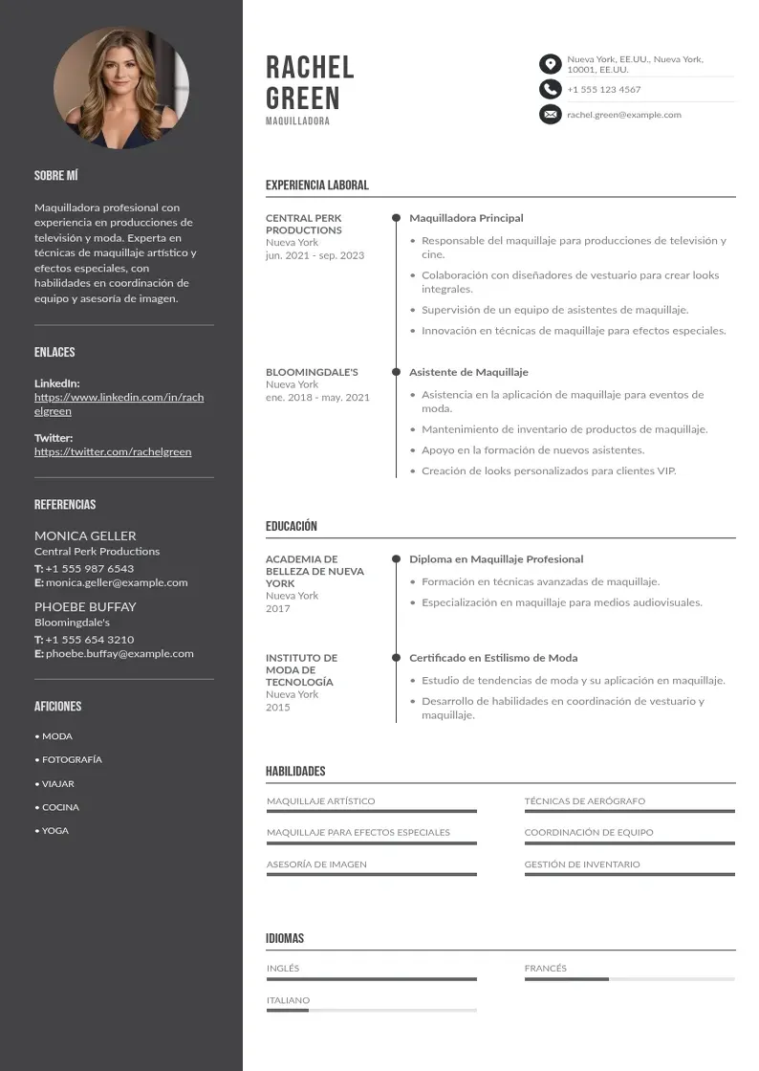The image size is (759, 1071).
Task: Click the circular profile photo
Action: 121,87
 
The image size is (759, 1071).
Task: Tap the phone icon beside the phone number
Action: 550,89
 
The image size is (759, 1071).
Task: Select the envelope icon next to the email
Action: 550,115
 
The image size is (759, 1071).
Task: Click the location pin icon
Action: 550,64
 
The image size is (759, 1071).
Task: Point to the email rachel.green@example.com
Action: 623,115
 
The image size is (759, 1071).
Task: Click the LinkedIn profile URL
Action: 119,404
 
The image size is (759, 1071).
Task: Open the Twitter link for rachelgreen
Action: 113,451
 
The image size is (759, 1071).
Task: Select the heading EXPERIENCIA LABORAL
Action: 316,186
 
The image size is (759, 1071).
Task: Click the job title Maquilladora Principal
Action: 466,218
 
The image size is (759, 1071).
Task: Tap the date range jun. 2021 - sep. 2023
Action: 314,255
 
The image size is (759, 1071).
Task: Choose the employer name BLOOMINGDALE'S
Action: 312,372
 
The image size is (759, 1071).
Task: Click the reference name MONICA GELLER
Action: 85,535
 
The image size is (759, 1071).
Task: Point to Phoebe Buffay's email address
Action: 119,654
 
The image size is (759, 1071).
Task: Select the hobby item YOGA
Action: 54,831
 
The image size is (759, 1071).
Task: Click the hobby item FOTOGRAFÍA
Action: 72,760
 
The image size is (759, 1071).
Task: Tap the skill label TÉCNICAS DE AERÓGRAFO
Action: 584,801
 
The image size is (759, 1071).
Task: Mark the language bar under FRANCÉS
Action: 629,979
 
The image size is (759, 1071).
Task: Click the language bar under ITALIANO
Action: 371,1010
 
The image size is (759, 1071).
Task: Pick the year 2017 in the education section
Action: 278,608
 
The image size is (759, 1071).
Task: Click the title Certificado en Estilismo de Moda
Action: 493,658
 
